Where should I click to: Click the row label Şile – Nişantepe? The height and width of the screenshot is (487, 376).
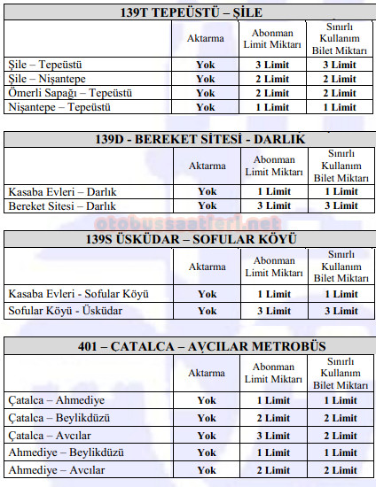click(x=41, y=78)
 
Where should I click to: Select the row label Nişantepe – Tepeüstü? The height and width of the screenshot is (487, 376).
click(x=48, y=106)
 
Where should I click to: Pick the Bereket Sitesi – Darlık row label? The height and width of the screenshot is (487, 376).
click(x=51, y=205)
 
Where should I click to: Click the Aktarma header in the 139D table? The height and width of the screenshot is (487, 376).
click(x=207, y=166)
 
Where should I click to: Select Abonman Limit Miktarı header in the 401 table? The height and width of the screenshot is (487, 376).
click(x=273, y=373)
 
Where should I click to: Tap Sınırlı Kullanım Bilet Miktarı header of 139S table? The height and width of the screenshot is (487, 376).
click(x=341, y=267)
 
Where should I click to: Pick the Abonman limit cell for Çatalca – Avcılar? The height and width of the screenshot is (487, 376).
click(x=273, y=436)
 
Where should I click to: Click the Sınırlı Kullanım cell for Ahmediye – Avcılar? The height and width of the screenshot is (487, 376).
click(x=341, y=470)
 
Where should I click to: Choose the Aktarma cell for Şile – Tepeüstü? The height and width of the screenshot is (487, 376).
click(x=207, y=64)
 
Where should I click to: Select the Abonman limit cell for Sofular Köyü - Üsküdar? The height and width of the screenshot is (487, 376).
click(x=273, y=311)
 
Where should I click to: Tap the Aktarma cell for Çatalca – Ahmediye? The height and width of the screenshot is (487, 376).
click(x=207, y=400)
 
